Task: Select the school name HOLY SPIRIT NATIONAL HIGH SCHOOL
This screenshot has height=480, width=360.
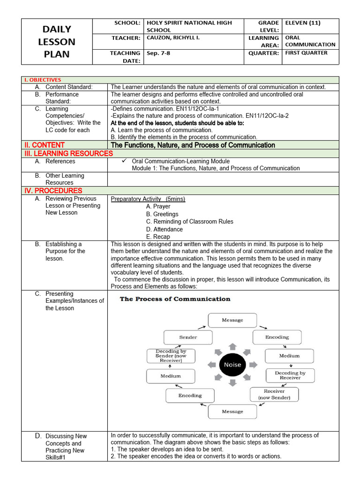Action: [189, 26]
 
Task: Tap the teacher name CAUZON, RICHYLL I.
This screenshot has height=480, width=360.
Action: [173, 37]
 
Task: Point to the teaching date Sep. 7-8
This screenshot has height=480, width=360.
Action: [158, 53]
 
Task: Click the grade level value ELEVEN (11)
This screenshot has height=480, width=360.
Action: [303, 22]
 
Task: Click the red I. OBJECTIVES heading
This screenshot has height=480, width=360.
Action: [43, 80]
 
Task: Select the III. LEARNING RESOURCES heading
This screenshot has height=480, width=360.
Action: [68, 153]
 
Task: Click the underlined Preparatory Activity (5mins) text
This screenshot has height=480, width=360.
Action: [148, 199]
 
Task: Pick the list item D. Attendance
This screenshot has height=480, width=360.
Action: [164, 229]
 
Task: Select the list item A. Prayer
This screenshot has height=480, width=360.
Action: [158, 206]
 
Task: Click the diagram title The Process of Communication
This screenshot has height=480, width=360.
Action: [175, 299]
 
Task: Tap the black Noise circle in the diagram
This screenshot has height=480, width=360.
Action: [232, 365]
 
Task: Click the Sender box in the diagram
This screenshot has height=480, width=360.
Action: [188, 337]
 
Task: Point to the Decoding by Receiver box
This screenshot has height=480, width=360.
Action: [290, 375]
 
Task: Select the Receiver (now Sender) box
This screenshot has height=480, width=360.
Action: [274, 394]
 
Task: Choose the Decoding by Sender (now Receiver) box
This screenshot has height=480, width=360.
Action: [171, 356]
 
